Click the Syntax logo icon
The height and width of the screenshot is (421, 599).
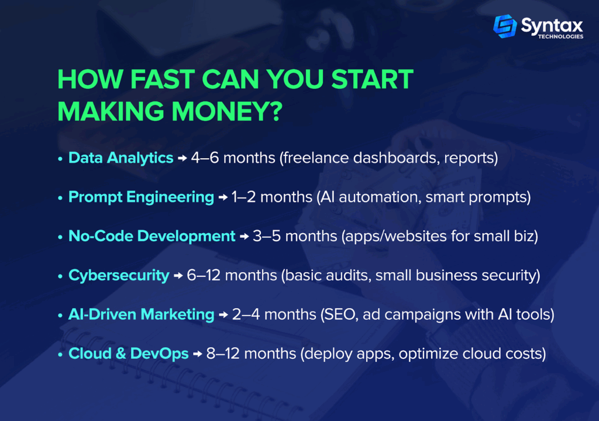point(505,26)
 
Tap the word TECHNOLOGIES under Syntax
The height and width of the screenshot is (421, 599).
point(560,37)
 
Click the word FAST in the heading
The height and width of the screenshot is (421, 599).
point(163,80)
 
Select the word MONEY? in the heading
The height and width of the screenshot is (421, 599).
point(227,112)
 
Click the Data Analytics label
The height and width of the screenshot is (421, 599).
point(121,158)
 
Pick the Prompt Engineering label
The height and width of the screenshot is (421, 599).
point(141,197)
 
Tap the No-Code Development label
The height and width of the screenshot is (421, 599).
point(152,237)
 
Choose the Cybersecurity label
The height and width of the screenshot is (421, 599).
point(118,276)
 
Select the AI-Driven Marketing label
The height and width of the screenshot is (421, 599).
point(141,314)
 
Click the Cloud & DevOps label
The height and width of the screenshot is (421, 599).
point(128,354)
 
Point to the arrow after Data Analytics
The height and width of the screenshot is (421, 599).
point(183,158)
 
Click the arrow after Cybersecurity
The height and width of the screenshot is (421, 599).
point(178,276)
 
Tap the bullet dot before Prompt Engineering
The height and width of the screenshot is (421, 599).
point(60,198)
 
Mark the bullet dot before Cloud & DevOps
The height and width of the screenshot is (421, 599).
point(60,355)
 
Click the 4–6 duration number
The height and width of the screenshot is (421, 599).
point(205,158)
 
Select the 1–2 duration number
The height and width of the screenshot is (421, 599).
point(244,197)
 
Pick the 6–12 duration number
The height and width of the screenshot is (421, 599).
point(204,276)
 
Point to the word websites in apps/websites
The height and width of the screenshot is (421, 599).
point(415,237)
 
